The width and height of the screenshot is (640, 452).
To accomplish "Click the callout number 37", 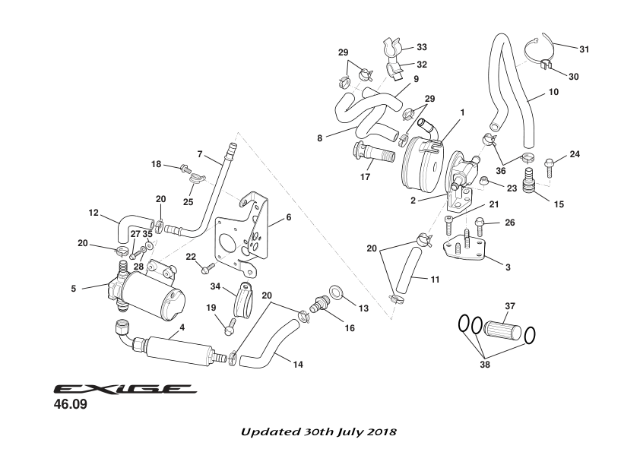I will pyautogui.click(x=510, y=306).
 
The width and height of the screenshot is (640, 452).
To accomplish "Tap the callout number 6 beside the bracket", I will pyautogui.click(x=289, y=217).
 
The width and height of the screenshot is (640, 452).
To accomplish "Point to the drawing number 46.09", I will pyautogui.click(x=70, y=405).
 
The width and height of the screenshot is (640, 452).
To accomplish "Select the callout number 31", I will pyautogui.click(x=584, y=49).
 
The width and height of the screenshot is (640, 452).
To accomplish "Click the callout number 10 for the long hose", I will pyautogui.click(x=553, y=92).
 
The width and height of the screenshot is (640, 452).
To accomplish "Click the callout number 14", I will pyautogui.click(x=298, y=365).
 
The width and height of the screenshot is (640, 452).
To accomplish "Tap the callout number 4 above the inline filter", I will pyautogui.click(x=182, y=328).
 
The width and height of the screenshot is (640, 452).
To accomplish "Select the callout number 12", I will pyautogui.click(x=93, y=213).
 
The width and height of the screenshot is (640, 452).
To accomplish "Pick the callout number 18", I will pyautogui.click(x=156, y=164).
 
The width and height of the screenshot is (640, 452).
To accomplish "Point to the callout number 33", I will pyautogui.click(x=421, y=47).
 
